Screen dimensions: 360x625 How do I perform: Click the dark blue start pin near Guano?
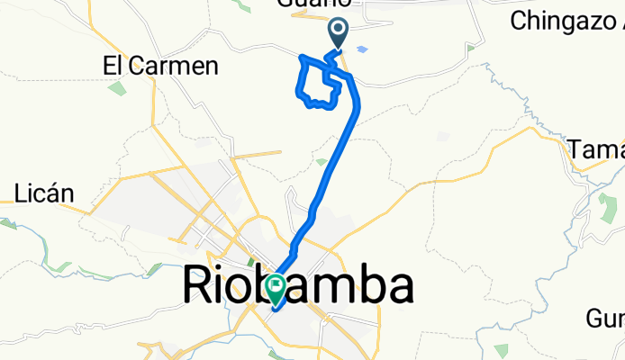(339, 34)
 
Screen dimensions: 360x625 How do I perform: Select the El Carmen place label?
(161, 66)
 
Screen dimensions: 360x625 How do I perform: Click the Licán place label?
(44, 193)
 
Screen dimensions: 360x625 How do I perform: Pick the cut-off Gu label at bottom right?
(605, 318)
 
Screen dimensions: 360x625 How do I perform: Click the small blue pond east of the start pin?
(362, 49)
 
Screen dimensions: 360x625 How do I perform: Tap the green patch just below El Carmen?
(116, 88)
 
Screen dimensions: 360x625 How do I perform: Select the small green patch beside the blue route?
(322, 163)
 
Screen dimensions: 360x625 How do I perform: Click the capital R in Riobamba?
(199, 287)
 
